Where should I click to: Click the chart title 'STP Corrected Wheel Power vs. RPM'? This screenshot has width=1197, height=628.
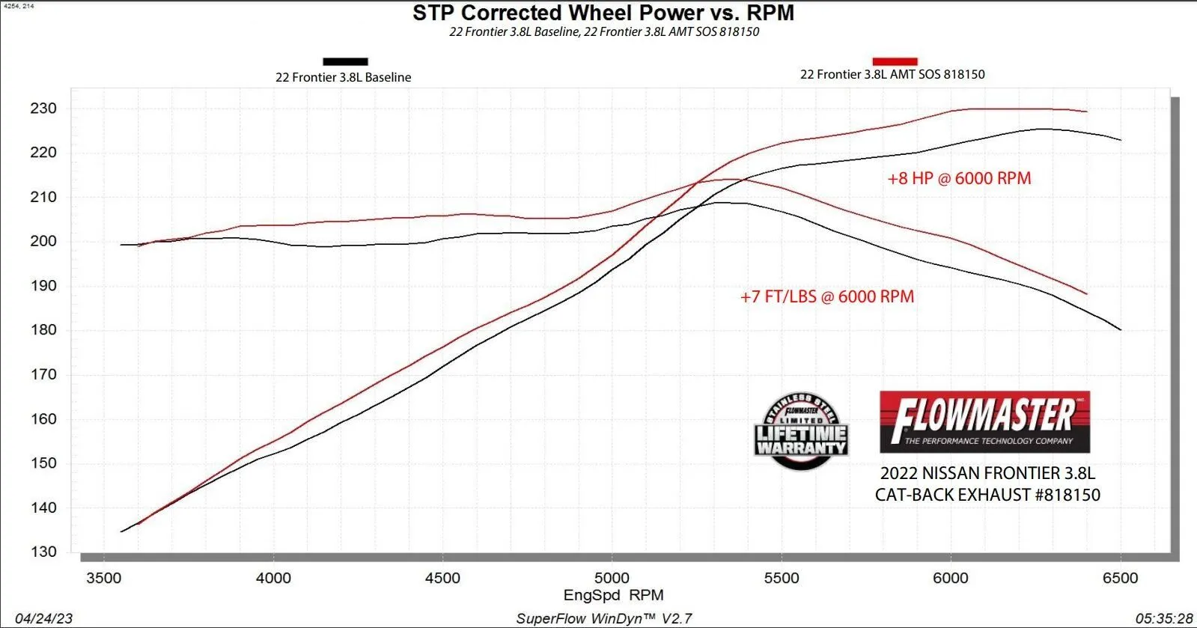pos(603,13)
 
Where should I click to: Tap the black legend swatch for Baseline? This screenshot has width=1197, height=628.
pos(345,61)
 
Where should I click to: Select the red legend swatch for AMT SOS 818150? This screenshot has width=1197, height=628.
pos(895,61)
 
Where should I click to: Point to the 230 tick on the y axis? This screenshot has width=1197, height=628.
pos(43,109)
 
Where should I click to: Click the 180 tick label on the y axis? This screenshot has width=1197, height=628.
pos(43,330)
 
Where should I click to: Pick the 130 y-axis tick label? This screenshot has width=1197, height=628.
pos(43,552)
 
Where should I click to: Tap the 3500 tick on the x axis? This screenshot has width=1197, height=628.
pos(104,578)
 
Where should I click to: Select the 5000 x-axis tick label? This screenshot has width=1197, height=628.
pos(612,578)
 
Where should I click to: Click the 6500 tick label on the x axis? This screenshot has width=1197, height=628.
pos(1120,578)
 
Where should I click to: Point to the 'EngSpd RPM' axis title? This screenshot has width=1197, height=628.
pos(613,595)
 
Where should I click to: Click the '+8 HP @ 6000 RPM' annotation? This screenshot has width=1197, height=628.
pos(959,178)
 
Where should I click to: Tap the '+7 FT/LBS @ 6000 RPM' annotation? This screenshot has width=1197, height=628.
pos(827,296)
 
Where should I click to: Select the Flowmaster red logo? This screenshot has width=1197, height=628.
pos(984,422)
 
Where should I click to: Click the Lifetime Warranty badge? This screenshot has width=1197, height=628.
pos(801,432)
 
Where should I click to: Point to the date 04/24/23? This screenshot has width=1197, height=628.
pos(43,618)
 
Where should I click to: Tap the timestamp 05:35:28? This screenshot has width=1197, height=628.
pos(1163,618)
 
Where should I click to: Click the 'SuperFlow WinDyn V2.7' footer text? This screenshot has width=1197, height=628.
pos(603,618)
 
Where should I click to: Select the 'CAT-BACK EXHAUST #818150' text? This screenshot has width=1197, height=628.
pos(987,495)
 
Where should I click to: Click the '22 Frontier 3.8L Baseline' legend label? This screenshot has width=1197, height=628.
pos(343,77)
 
